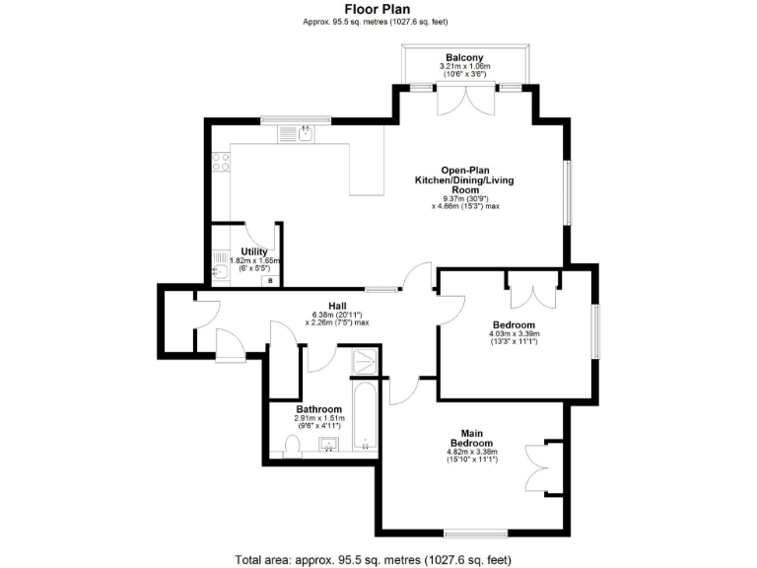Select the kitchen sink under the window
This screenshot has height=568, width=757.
pos(290,133)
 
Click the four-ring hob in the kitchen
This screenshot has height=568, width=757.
pos(221,161)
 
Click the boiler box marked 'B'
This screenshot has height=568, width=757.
pos(269,281)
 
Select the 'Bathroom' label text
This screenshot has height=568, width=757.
pos(319,408)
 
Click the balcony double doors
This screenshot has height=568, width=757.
pos(463,98)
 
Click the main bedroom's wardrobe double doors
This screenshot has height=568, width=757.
pos(540,466)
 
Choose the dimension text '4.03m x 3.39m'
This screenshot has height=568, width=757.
pos(514,333)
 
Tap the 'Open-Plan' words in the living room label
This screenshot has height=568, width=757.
pos(463,170)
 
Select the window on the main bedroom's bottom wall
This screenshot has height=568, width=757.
pos(475,533)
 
